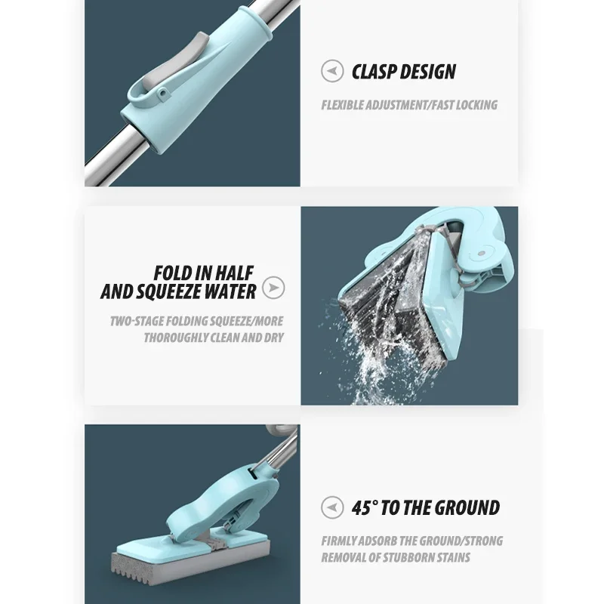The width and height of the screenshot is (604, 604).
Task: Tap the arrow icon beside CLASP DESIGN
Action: pyautogui.click(x=332, y=72)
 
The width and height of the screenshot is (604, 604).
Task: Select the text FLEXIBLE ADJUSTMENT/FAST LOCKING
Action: pyautogui.click(x=409, y=105)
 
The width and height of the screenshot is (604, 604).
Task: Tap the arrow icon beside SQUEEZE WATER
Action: pyautogui.click(x=275, y=288)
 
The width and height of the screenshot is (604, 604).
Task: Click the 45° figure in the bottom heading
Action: pyautogui.click(x=364, y=507)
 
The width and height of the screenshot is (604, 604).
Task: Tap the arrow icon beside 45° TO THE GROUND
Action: pyautogui.click(x=332, y=507)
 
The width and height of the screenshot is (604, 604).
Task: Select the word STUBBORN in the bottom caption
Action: pyautogui.click(x=413, y=558)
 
